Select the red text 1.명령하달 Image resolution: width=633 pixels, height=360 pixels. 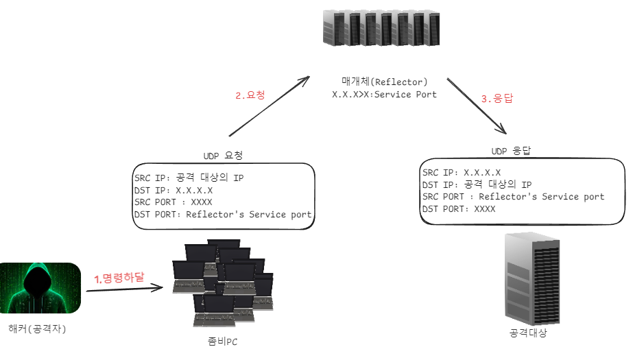coord(119,278)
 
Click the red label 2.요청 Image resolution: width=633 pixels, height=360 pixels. coord(249,96)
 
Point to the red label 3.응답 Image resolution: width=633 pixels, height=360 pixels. coord(497,98)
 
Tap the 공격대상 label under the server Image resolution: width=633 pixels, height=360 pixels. coord(528,334)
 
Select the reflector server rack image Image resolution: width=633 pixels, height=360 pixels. coord(381,28)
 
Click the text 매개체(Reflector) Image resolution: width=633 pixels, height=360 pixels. coord(384,82)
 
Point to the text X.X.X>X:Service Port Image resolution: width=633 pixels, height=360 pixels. coord(384,95)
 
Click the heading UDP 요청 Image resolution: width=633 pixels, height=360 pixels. coord(224,156)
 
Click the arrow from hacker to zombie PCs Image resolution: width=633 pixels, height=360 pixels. coord(125,289)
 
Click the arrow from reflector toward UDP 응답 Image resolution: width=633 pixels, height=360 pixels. coord(476,104)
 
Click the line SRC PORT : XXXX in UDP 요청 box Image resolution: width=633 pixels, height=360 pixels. coord(174,202)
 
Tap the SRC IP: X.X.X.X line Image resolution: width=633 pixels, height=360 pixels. coord(462,172)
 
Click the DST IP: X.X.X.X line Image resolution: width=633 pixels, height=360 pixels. coord(174,190)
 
